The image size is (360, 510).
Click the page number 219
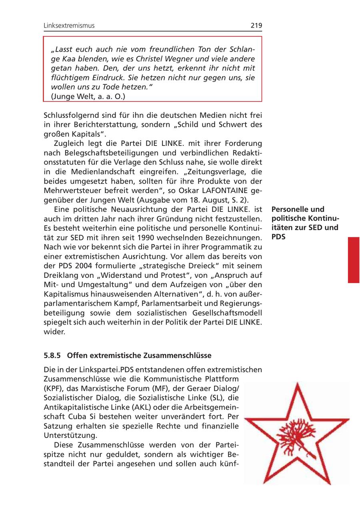tap(256, 26)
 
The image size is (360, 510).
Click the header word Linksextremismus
tap(69, 26)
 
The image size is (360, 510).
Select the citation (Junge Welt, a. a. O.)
tap(88, 96)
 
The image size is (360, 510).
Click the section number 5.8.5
tap(52, 355)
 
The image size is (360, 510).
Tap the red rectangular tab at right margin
tap(354, 260)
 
